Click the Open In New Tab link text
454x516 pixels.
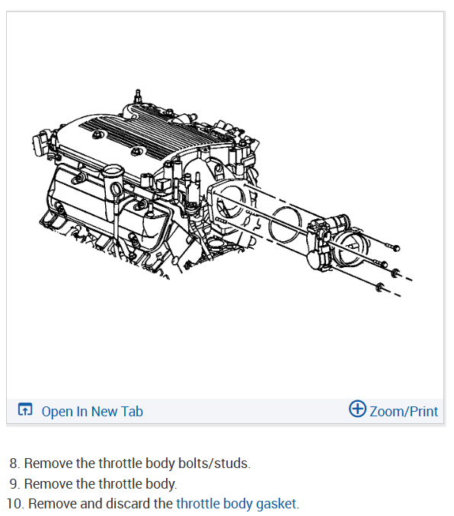coord(92,411)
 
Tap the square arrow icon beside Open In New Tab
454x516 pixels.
coord(25,409)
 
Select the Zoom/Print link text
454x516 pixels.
coord(404,411)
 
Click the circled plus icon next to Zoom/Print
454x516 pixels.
coord(357,409)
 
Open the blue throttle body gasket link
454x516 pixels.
coord(236,504)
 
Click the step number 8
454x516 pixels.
coord(13,463)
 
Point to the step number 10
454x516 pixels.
coord(14,504)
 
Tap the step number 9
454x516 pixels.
coord(13,484)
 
